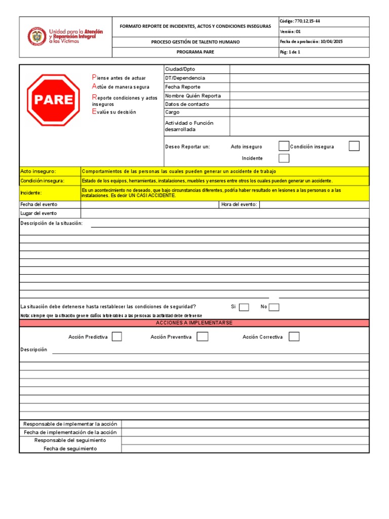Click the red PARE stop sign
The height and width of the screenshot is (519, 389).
tap(53, 99)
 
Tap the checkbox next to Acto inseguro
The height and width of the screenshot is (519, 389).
tap(284, 146)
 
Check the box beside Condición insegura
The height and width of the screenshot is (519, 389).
tap(354, 146)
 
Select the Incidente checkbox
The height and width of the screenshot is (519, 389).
tap(284, 158)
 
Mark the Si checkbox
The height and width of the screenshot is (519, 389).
tap(244, 307)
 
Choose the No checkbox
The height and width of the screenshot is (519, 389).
tap(274, 307)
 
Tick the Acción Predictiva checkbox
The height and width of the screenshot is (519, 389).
tap(116, 337)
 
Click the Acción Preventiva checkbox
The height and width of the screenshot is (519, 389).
tap(202, 337)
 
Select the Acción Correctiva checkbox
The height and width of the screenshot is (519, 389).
tap(294, 337)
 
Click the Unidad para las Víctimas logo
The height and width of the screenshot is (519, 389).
tap(65, 37)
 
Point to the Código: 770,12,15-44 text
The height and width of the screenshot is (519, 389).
tap(300, 21)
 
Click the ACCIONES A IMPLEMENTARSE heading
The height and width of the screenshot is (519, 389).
tap(194, 323)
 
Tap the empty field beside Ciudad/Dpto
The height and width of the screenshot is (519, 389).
tap(299, 69)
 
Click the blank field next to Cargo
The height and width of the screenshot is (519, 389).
tap(299, 112)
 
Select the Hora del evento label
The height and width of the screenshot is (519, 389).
tap(239, 205)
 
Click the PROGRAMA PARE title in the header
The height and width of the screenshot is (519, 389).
tap(195, 52)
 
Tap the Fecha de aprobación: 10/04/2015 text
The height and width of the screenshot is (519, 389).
tap(311, 42)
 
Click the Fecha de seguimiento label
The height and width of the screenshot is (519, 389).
tap(70, 449)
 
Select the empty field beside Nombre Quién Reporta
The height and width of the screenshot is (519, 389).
tap(299, 95)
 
